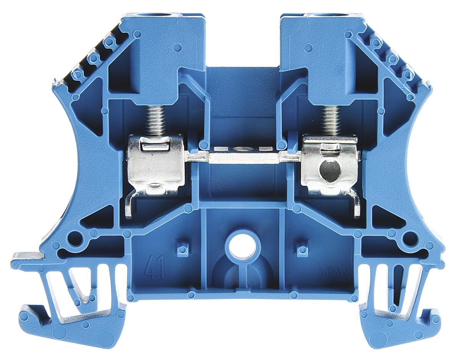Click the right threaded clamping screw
[331, 120]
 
